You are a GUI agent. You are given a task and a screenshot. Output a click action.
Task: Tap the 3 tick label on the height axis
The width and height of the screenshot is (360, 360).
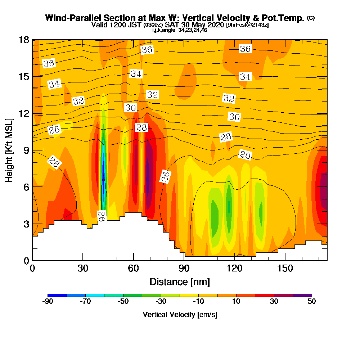[26, 224]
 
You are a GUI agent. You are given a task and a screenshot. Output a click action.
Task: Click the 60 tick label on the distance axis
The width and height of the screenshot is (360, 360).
[134, 268]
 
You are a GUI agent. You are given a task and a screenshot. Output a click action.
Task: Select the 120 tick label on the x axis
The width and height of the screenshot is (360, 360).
[234, 268]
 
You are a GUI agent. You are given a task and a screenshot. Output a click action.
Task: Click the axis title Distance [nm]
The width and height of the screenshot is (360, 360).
[180, 281]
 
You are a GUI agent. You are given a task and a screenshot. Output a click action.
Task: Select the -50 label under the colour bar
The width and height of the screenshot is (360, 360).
[123, 302]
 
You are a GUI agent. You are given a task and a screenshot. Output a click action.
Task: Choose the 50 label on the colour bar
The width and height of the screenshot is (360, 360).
[311, 302]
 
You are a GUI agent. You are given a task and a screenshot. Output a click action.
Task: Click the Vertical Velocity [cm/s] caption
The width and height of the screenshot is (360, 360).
[180, 315]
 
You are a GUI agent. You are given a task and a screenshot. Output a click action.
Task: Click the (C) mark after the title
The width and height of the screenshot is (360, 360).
[311, 18]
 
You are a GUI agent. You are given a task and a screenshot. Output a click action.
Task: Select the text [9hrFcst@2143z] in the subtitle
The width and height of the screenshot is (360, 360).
[247, 25]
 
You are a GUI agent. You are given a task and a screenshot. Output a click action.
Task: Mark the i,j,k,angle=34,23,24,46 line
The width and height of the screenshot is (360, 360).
[180, 30]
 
